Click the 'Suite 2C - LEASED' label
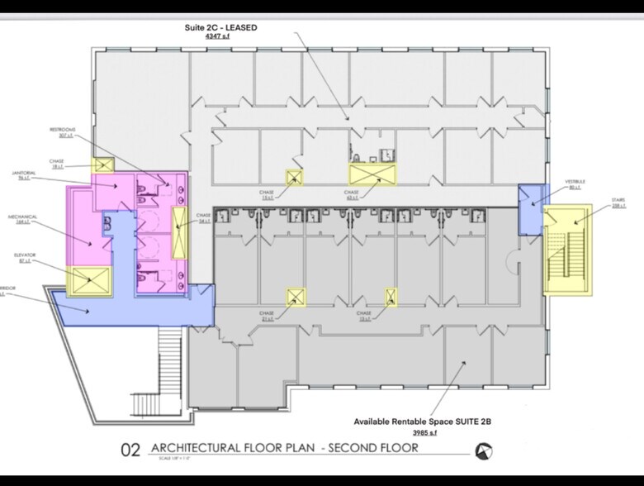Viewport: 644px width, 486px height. tap(220, 27)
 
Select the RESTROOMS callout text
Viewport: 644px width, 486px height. tap(63, 130)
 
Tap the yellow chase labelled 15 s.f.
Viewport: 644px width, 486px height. tap(293, 177)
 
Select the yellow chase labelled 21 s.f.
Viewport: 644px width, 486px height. tap(295, 296)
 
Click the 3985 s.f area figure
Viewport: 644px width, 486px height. tap(424, 432)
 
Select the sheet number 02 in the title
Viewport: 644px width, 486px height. tap(131, 450)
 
